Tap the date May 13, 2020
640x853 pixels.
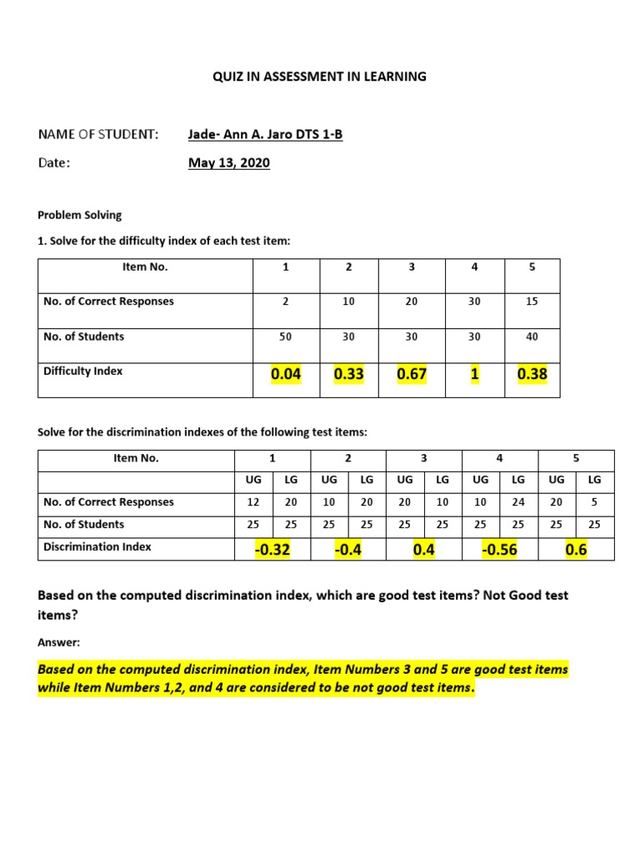228,163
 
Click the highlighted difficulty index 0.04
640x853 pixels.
285,375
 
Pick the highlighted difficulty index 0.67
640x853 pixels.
412,375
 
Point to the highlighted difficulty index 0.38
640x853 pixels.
532,375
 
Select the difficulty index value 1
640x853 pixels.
474,375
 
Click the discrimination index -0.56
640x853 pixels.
498,550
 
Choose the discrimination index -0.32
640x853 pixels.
272,550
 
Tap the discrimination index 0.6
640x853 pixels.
576,550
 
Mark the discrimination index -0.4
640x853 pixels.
347,550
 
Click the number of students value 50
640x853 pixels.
285,337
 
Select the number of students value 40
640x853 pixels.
532,337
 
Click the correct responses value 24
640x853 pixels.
517,502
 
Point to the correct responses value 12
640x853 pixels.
254,502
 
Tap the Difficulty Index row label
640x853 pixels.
82,372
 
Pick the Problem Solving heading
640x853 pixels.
80,215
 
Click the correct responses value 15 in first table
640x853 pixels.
532,302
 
